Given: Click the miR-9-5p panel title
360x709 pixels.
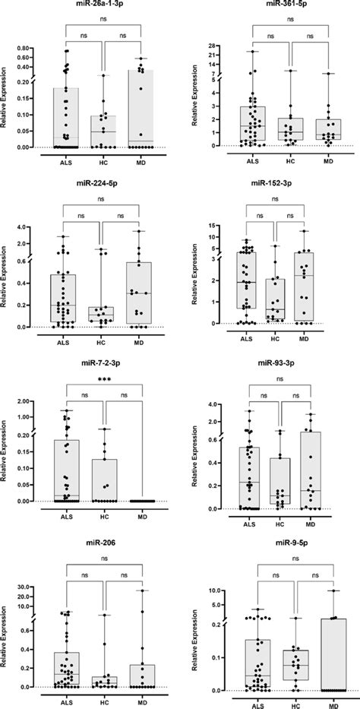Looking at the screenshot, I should point(283,545).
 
